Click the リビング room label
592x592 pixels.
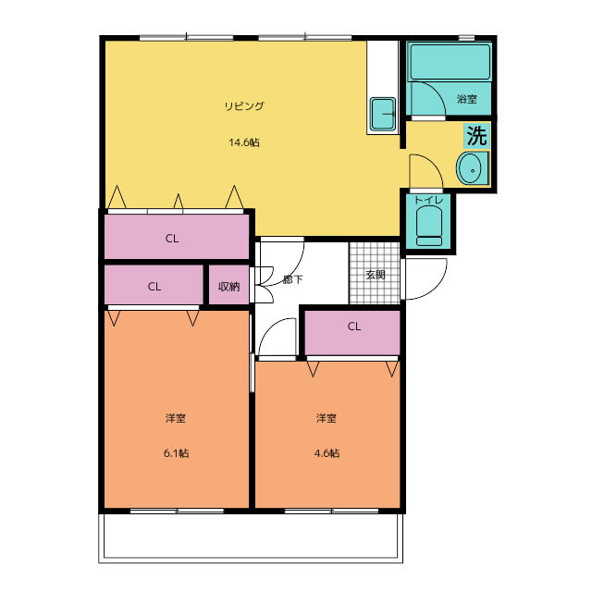click(244, 106)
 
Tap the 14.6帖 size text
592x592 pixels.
click(244, 142)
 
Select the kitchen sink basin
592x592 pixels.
click(383, 114)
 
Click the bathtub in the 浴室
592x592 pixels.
click(450, 62)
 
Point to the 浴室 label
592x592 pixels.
click(467, 99)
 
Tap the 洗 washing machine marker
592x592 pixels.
click(477, 136)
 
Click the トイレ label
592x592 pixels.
click(428, 201)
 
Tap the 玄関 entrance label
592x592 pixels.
click(376, 275)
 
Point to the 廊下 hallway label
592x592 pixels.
click(292, 279)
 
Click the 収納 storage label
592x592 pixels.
click(228, 287)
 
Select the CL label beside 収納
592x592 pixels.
click(154, 287)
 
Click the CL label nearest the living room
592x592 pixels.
click(172, 239)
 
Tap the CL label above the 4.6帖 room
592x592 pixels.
click(354, 327)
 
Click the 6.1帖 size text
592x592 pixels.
click(176, 453)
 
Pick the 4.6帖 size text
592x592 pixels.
click(327, 453)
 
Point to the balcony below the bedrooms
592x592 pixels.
click(251, 537)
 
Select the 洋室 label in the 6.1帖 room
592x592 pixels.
click(176, 418)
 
